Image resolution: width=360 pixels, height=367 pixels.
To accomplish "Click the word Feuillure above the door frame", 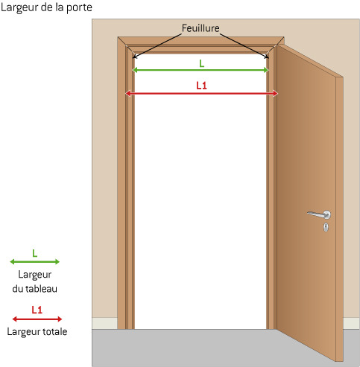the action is (200, 28).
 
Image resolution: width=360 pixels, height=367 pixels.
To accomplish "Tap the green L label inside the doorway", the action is (202, 64).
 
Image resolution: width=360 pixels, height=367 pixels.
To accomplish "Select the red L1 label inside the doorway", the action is (201, 86).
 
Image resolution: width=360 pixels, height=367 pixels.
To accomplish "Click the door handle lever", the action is (318, 214).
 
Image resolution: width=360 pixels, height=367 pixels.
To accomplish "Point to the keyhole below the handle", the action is (326, 227).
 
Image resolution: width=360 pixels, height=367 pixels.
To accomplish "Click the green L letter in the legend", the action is (35, 253).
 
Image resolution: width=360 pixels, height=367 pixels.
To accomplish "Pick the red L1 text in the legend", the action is (37, 310).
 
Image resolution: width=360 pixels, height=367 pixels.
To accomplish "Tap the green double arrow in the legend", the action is (34, 261).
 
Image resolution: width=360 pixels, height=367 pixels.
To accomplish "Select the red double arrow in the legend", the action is (37, 319).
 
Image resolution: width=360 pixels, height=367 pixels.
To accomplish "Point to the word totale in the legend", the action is (55, 331).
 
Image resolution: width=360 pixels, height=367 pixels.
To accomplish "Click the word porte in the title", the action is (79, 8).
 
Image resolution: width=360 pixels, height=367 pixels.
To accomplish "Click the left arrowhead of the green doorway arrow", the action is (134, 70).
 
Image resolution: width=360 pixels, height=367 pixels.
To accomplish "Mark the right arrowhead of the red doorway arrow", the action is (275, 94).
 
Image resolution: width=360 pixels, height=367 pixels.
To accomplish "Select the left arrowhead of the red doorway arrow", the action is (127, 94).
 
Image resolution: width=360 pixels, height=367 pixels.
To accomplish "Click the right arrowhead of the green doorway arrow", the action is (266, 70).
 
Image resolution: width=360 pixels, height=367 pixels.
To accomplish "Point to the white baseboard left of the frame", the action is (104, 323).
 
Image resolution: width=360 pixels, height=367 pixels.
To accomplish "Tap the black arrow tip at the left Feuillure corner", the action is (133, 58).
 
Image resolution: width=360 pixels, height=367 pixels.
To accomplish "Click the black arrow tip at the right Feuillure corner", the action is (268, 58).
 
